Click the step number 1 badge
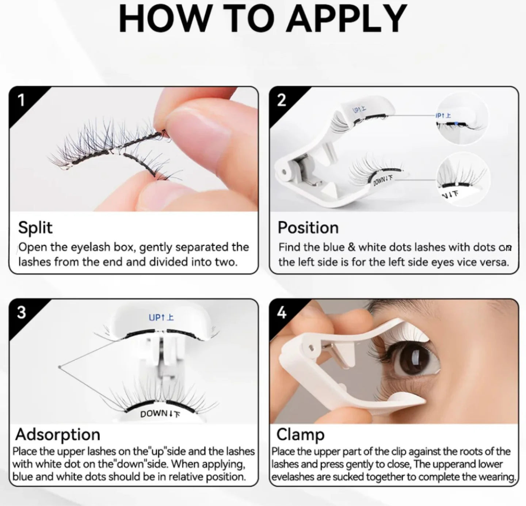(21, 100)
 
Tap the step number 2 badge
(281, 100)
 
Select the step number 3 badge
(21, 312)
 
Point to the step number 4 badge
(281, 313)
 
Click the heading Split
(35, 228)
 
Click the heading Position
(308, 228)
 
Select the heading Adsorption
(58, 434)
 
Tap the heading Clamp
(300, 435)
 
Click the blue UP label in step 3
(161, 317)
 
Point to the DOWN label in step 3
(160, 414)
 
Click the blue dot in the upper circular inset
(457, 123)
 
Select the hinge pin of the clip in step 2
(284, 172)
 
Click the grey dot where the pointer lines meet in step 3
(60, 367)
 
